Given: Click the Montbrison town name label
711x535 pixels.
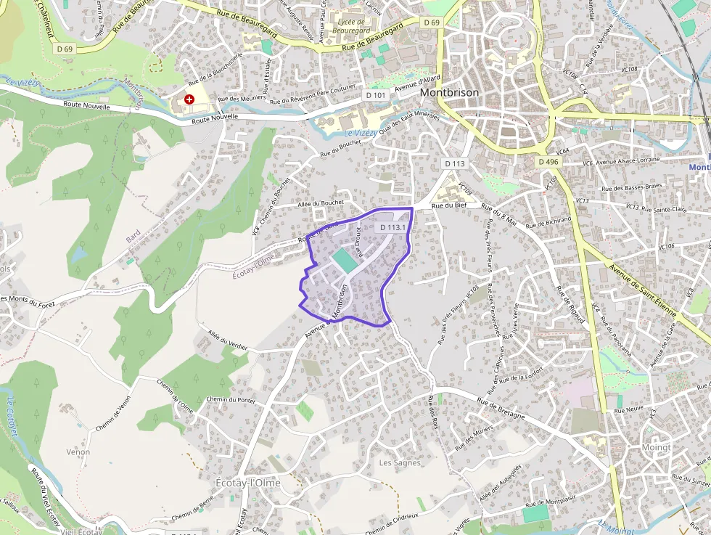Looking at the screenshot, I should click(x=449, y=94).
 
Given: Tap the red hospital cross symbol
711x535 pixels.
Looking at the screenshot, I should click(x=189, y=99).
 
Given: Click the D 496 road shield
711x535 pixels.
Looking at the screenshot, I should click(x=549, y=162).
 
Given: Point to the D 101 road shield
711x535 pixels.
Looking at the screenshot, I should click(x=376, y=95).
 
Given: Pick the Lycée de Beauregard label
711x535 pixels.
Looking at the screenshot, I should click(x=353, y=27).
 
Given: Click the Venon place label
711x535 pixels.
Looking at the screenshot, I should click(x=78, y=452).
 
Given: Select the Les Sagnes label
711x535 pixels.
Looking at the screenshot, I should click(x=400, y=462).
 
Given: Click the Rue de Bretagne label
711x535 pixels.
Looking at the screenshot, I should click(x=501, y=407).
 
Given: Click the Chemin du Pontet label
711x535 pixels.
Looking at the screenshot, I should click(x=231, y=399).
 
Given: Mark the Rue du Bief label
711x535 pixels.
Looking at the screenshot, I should click(x=448, y=206).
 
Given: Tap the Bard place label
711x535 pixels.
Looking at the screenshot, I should click(x=133, y=237).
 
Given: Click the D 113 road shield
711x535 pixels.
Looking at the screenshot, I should click(x=454, y=163).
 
